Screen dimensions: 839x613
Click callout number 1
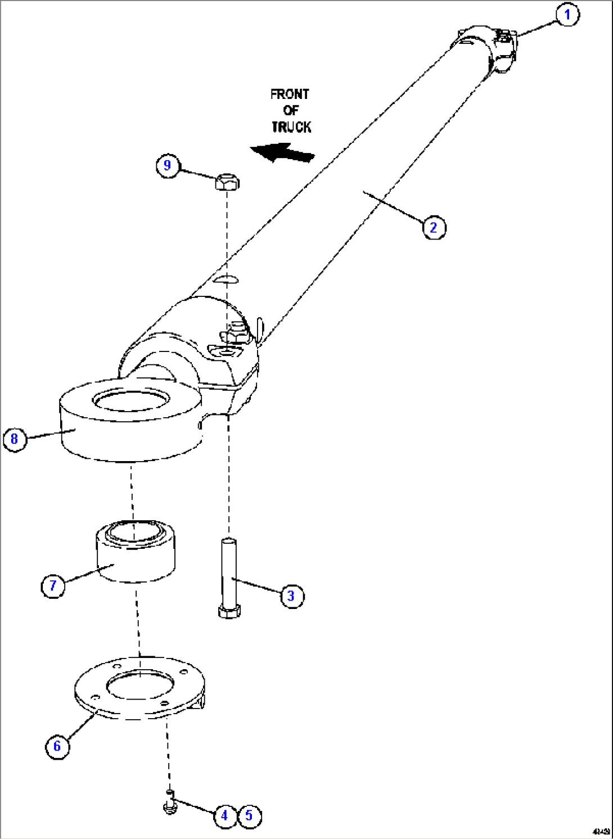click(567, 15)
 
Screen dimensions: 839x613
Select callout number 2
click(433, 228)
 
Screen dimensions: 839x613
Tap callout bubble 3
click(291, 596)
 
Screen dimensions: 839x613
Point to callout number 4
click(224, 815)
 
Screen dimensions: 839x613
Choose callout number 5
click(249, 815)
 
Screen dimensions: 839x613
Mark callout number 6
click(57, 746)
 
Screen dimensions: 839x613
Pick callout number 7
click(53, 585)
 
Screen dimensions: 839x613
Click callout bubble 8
click(15, 439)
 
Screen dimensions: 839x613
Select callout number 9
click(167, 166)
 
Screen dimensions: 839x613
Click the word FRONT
click(290, 94)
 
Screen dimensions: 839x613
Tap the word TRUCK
click(291, 127)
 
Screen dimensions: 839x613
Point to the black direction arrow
click(282, 152)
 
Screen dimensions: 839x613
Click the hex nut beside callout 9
click(227, 182)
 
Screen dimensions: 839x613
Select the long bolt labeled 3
click(228, 579)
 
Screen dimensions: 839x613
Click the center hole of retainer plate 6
click(139, 687)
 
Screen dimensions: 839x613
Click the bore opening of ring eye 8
click(132, 401)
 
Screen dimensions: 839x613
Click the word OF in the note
click(290, 110)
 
